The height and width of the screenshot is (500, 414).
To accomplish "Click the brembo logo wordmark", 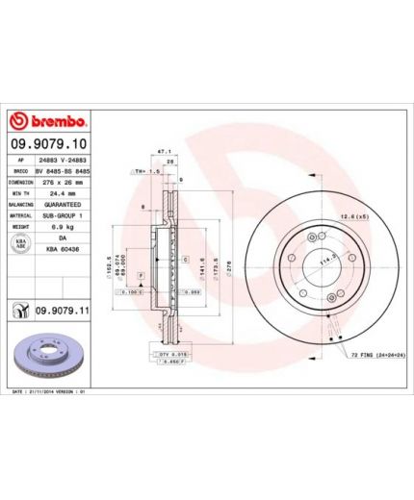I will tap(48, 122).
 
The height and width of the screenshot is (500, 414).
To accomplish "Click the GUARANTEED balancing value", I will tap(63, 205).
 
